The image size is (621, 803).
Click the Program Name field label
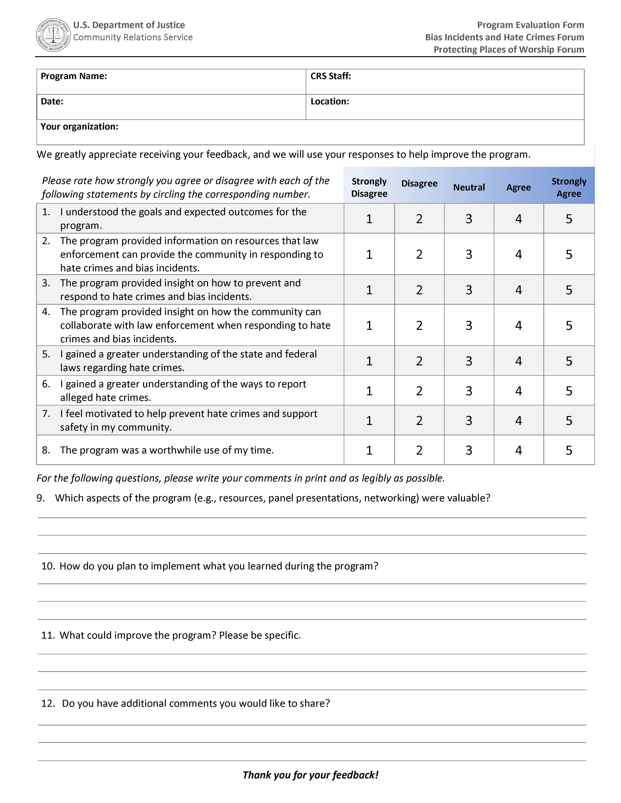(74, 76)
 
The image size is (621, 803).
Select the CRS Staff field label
(330, 76)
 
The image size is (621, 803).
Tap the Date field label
(52, 102)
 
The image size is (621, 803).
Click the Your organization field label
(79, 127)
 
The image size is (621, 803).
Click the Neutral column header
(469, 188)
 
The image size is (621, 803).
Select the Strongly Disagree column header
(369, 188)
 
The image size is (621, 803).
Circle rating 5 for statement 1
(569, 219)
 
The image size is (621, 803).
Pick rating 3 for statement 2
(469, 254)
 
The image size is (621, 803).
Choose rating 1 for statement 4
(369, 325)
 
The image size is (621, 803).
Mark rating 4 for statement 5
(518, 361)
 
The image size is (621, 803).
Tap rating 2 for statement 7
(419, 420)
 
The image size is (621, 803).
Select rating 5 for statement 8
(569, 450)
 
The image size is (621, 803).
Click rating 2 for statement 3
(419, 290)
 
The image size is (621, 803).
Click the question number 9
(41, 498)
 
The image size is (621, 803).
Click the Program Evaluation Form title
(531, 25)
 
